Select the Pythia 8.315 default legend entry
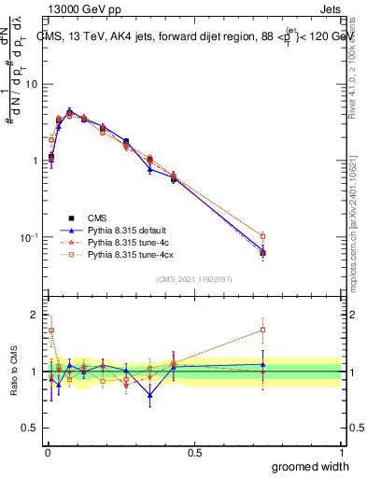click(x=122, y=230)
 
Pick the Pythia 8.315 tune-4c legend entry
click(x=120, y=242)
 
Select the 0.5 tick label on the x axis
click(x=195, y=453)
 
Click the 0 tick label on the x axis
click(x=48, y=453)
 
